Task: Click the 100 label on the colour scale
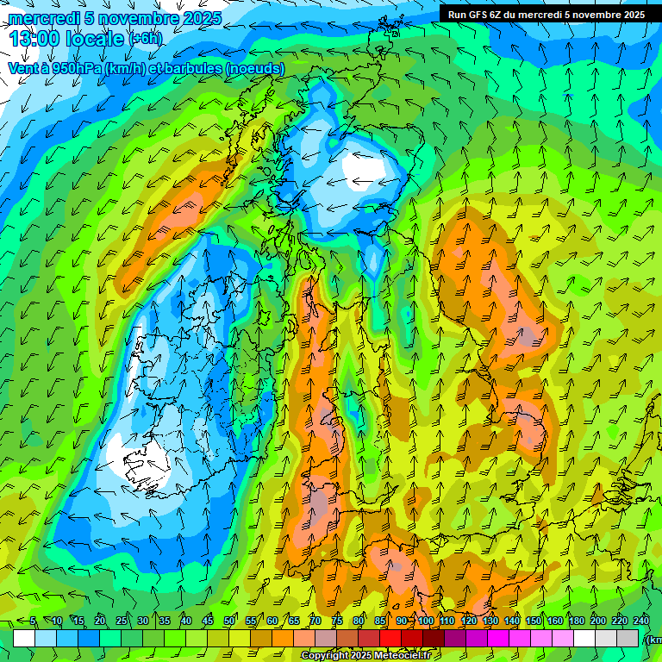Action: pyautogui.click(x=426, y=621)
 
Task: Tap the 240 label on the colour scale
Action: pyautogui.click(x=641, y=621)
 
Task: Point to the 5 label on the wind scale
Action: pyautogui.click(x=33, y=621)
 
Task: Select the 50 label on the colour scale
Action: pyautogui.click(x=229, y=621)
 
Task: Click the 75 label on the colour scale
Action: pyautogui.click(x=337, y=621)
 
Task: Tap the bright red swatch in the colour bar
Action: pyautogui.click(x=390, y=638)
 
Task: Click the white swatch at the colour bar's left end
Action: pyautogui.click(x=24, y=638)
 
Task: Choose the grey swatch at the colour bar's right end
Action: pyautogui.click(x=628, y=638)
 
